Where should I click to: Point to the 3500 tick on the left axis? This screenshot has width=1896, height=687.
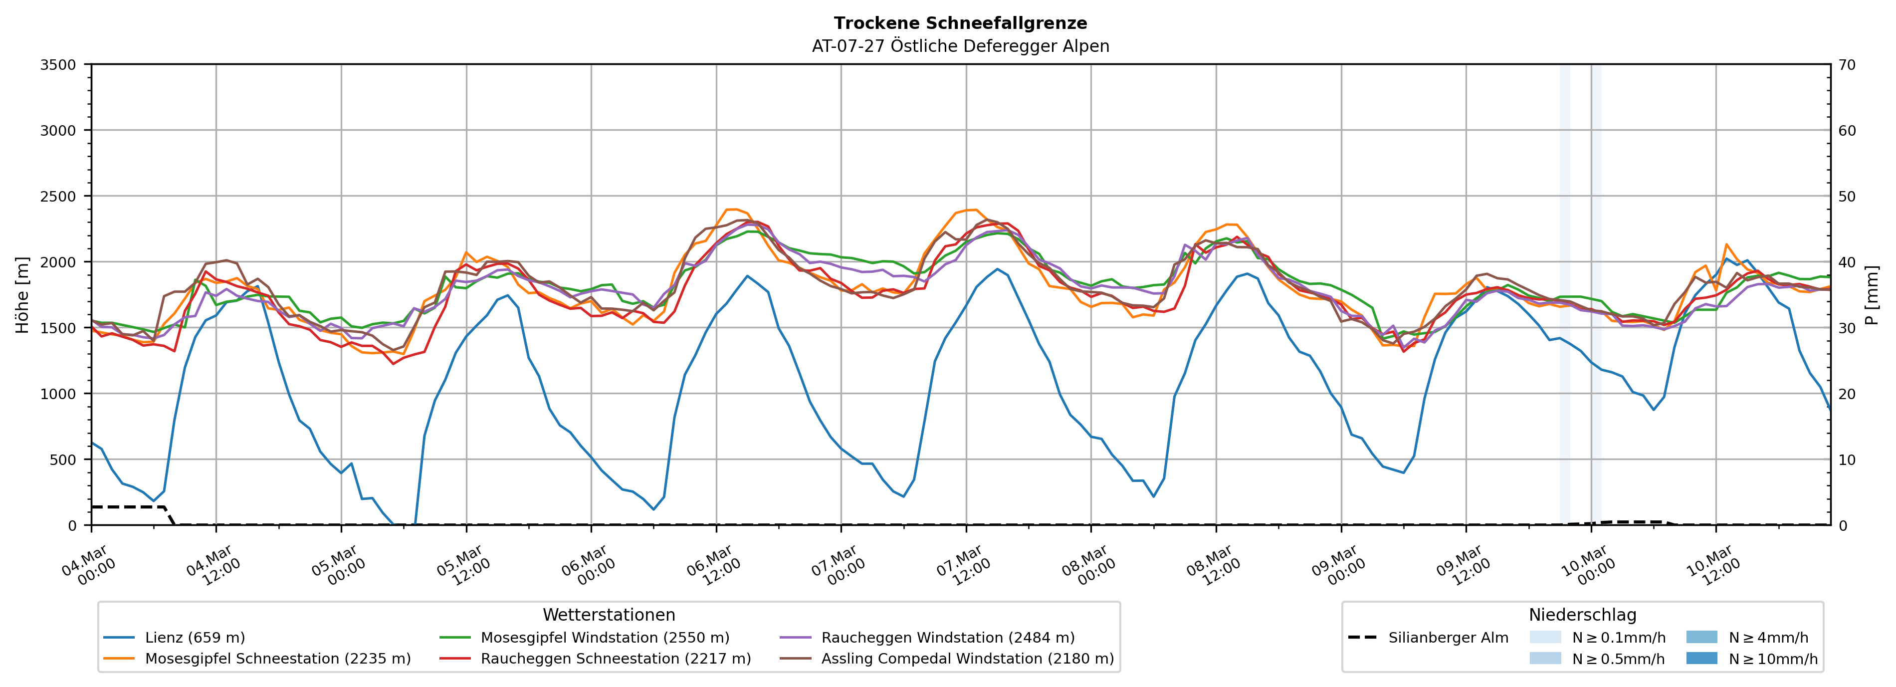[x=58, y=65]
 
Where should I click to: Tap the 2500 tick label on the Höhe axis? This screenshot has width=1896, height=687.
[x=58, y=197]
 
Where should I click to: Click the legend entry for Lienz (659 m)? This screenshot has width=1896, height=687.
[x=195, y=638]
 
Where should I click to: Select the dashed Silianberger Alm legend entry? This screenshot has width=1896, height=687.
[x=1448, y=638]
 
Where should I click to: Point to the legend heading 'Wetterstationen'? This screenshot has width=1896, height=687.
[x=609, y=615]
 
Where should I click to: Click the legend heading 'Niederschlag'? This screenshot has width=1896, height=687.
[x=1582, y=615]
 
